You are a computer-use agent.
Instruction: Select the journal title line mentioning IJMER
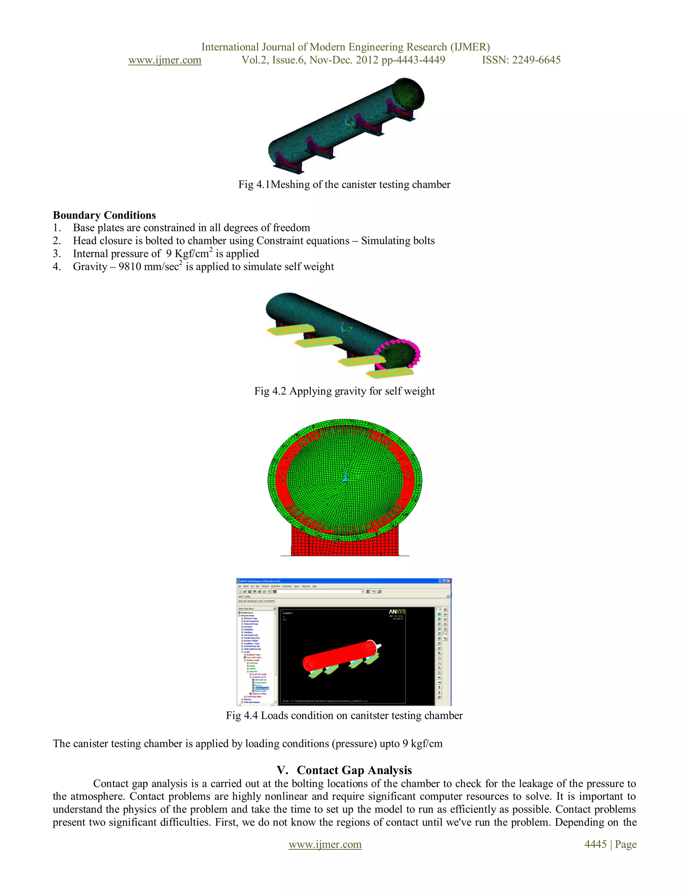345,47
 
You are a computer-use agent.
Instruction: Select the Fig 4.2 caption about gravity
344,391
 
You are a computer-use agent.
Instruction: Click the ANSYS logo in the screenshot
397,612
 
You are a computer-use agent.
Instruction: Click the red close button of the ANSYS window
448,581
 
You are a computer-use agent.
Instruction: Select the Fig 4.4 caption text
344,715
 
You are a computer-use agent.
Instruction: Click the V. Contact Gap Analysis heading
344,770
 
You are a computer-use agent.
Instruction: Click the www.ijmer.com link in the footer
325,845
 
